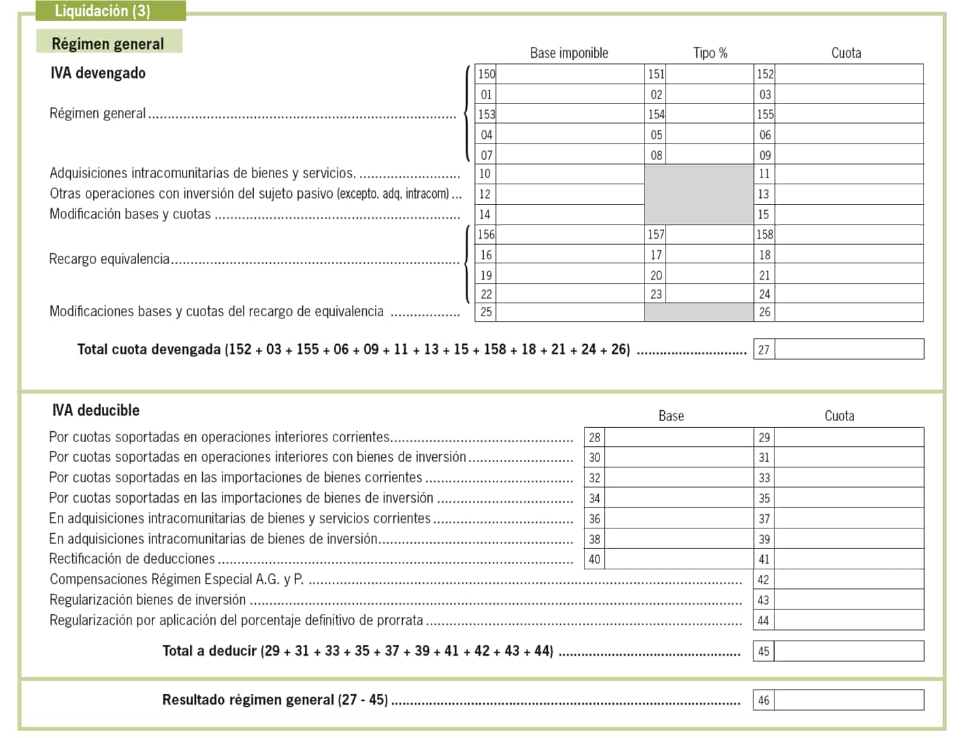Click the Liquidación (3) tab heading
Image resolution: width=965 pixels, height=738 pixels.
click(x=102, y=11)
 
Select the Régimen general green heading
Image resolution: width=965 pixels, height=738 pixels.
click(x=108, y=44)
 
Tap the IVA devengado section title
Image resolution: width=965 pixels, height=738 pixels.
click(x=98, y=73)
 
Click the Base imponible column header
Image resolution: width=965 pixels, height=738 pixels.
click(x=569, y=53)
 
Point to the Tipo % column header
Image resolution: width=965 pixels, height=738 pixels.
click(x=710, y=53)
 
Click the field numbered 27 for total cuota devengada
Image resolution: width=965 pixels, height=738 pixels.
click(x=848, y=349)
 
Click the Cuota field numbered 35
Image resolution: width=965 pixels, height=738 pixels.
click(x=848, y=498)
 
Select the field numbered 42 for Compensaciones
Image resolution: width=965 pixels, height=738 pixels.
click(x=848, y=580)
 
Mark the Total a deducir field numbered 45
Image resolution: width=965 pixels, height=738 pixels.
click(x=848, y=651)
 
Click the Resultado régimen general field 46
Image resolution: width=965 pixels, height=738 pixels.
click(x=848, y=700)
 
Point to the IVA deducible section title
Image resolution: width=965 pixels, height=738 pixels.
click(x=96, y=410)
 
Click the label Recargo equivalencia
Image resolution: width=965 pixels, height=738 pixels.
click(x=110, y=259)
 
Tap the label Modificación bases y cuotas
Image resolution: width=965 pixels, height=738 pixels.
click(x=130, y=214)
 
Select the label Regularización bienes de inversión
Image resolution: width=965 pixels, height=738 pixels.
click(x=148, y=600)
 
